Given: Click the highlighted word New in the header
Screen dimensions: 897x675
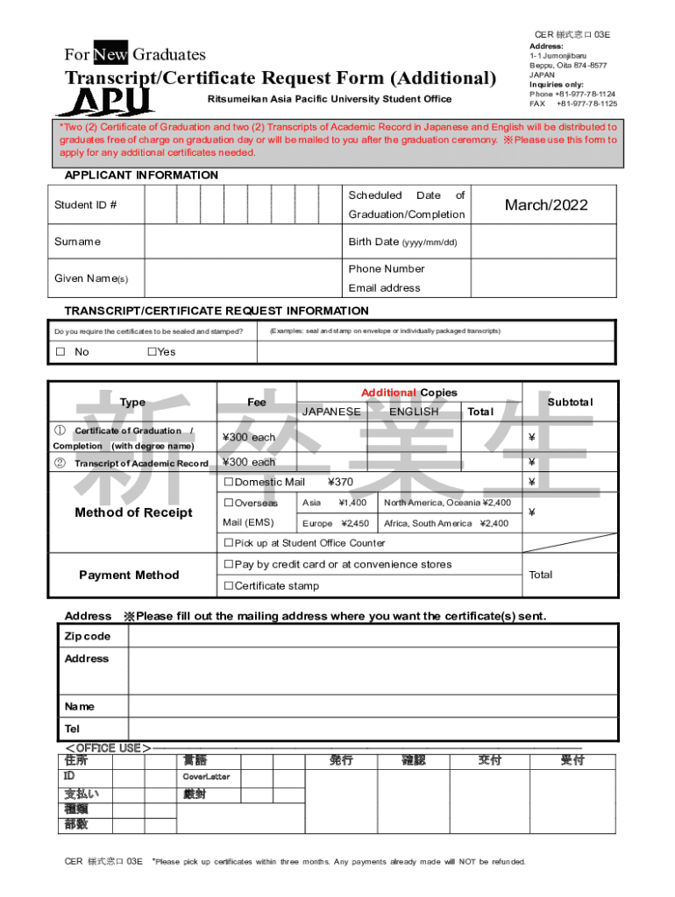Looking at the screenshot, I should (x=110, y=54).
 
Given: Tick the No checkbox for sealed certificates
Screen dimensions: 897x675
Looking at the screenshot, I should (x=60, y=352).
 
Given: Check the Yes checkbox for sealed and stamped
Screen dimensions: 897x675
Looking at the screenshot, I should (x=152, y=352).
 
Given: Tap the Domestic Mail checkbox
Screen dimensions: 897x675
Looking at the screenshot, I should (x=229, y=483).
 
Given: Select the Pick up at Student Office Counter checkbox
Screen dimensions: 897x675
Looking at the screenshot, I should (x=229, y=544).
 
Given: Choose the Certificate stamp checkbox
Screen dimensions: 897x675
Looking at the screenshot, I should (x=229, y=586).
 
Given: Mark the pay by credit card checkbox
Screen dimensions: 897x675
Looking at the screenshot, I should (x=229, y=565).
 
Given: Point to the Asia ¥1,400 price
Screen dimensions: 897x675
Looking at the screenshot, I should (x=334, y=503).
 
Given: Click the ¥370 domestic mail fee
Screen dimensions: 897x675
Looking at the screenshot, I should (x=340, y=483).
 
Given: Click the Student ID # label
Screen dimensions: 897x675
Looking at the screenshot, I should (x=86, y=205).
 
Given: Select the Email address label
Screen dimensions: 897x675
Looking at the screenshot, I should (x=384, y=288).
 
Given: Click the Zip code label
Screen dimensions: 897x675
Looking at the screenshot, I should (x=88, y=636).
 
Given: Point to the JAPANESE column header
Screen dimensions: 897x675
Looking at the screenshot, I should (x=331, y=412).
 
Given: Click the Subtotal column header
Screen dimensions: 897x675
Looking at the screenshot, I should (x=570, y=402).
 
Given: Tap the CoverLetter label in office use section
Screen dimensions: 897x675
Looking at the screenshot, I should (x=206, y=777).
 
